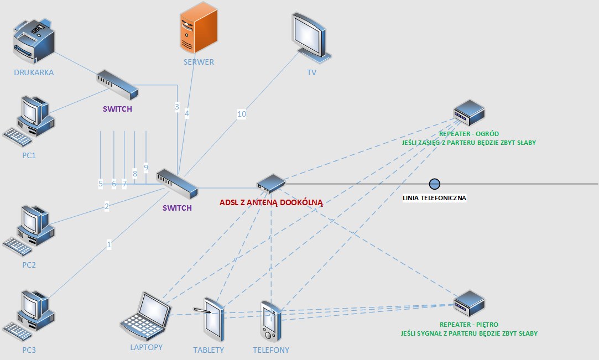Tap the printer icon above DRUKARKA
(x=34, y=42)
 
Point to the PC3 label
(x=29, y=349)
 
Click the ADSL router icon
(x=270, y=183)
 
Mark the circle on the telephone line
(x=435, y=184)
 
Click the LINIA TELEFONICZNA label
(x=435, y=198)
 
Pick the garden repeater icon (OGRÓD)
(x=469, y=113)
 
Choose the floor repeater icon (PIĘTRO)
(x=469, y=303)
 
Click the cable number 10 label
(x=242, y=114)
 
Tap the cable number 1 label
(x=109, y=243)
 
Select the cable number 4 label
(x=187, y=113)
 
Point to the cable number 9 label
(x=146, y=167)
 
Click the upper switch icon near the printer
(x=117, y=84)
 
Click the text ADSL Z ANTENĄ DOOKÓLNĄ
(x=271, y=202)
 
